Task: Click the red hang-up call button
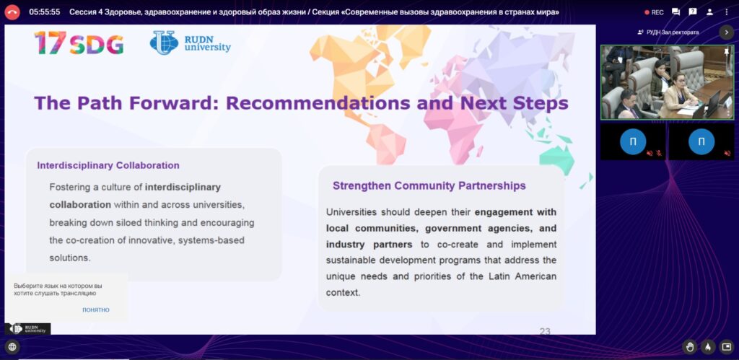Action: point(12,12)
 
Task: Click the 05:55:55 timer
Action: point(44,12)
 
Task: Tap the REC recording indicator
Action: point(654,12)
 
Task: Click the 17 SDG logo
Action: point(79,43)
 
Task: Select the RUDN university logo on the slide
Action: point(191,43)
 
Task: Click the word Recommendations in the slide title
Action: point(318,103)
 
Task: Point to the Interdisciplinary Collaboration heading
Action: point(108,165)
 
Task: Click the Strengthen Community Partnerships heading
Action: point(429,185)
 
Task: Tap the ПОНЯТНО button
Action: point(96,309)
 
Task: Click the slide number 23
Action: point(545,331)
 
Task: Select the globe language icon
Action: point(12,347)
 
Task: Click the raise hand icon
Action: point(690,347)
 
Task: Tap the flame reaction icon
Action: point(707,347)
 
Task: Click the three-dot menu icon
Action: point(726,12)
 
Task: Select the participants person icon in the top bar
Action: point(709,12)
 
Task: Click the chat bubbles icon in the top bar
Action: point(675,12)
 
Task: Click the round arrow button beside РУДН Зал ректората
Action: point(726,32)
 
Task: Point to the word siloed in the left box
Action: point(142,222)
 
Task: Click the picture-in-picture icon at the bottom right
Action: point(726,347)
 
